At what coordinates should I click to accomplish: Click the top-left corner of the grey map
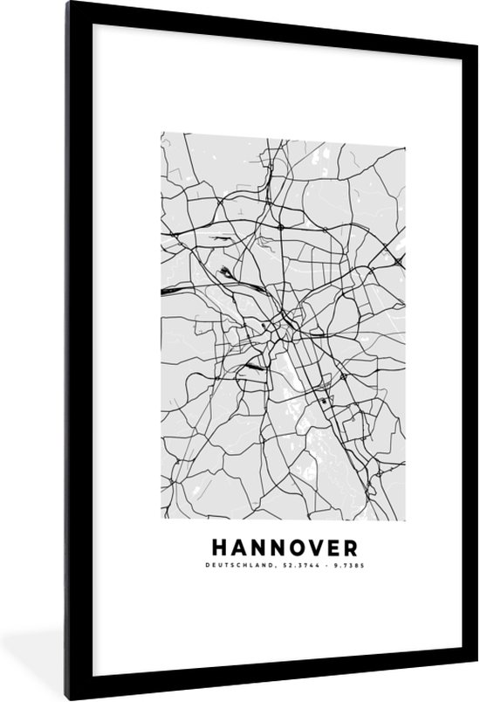[x=161, y=133]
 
